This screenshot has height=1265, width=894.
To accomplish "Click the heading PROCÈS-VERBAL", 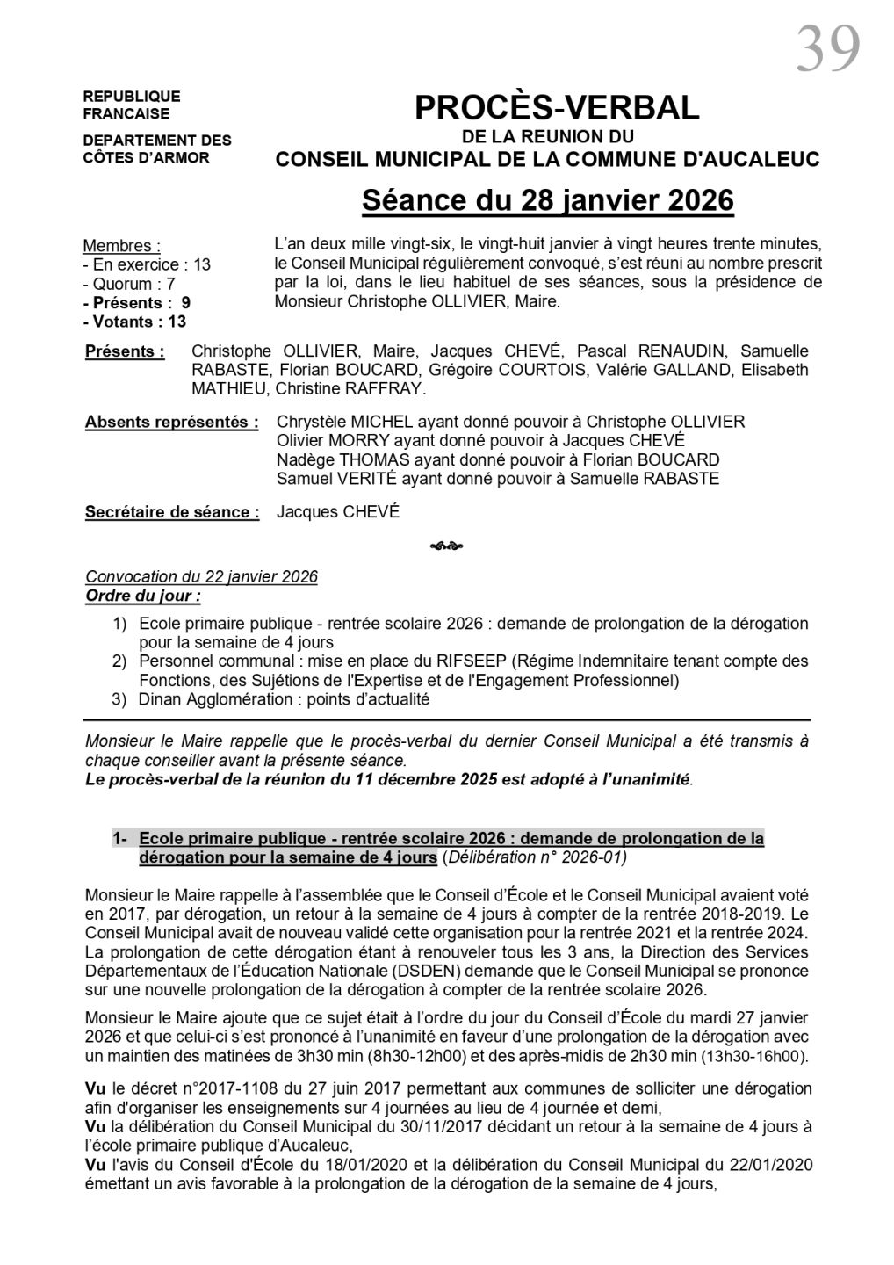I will (557, 107).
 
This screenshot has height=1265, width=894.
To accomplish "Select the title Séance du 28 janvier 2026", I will (547, 200).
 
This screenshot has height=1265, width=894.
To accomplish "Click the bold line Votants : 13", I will (136, 322).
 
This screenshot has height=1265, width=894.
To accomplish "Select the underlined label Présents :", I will (125, 351).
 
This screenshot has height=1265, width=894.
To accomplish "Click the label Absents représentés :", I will (171, 422).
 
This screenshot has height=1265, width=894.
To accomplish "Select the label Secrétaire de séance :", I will (172, 512).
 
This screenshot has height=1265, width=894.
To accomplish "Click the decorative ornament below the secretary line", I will (446, 546).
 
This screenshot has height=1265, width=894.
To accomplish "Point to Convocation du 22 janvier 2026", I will (201, 577).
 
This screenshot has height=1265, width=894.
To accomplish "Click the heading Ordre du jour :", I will (142, 596).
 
